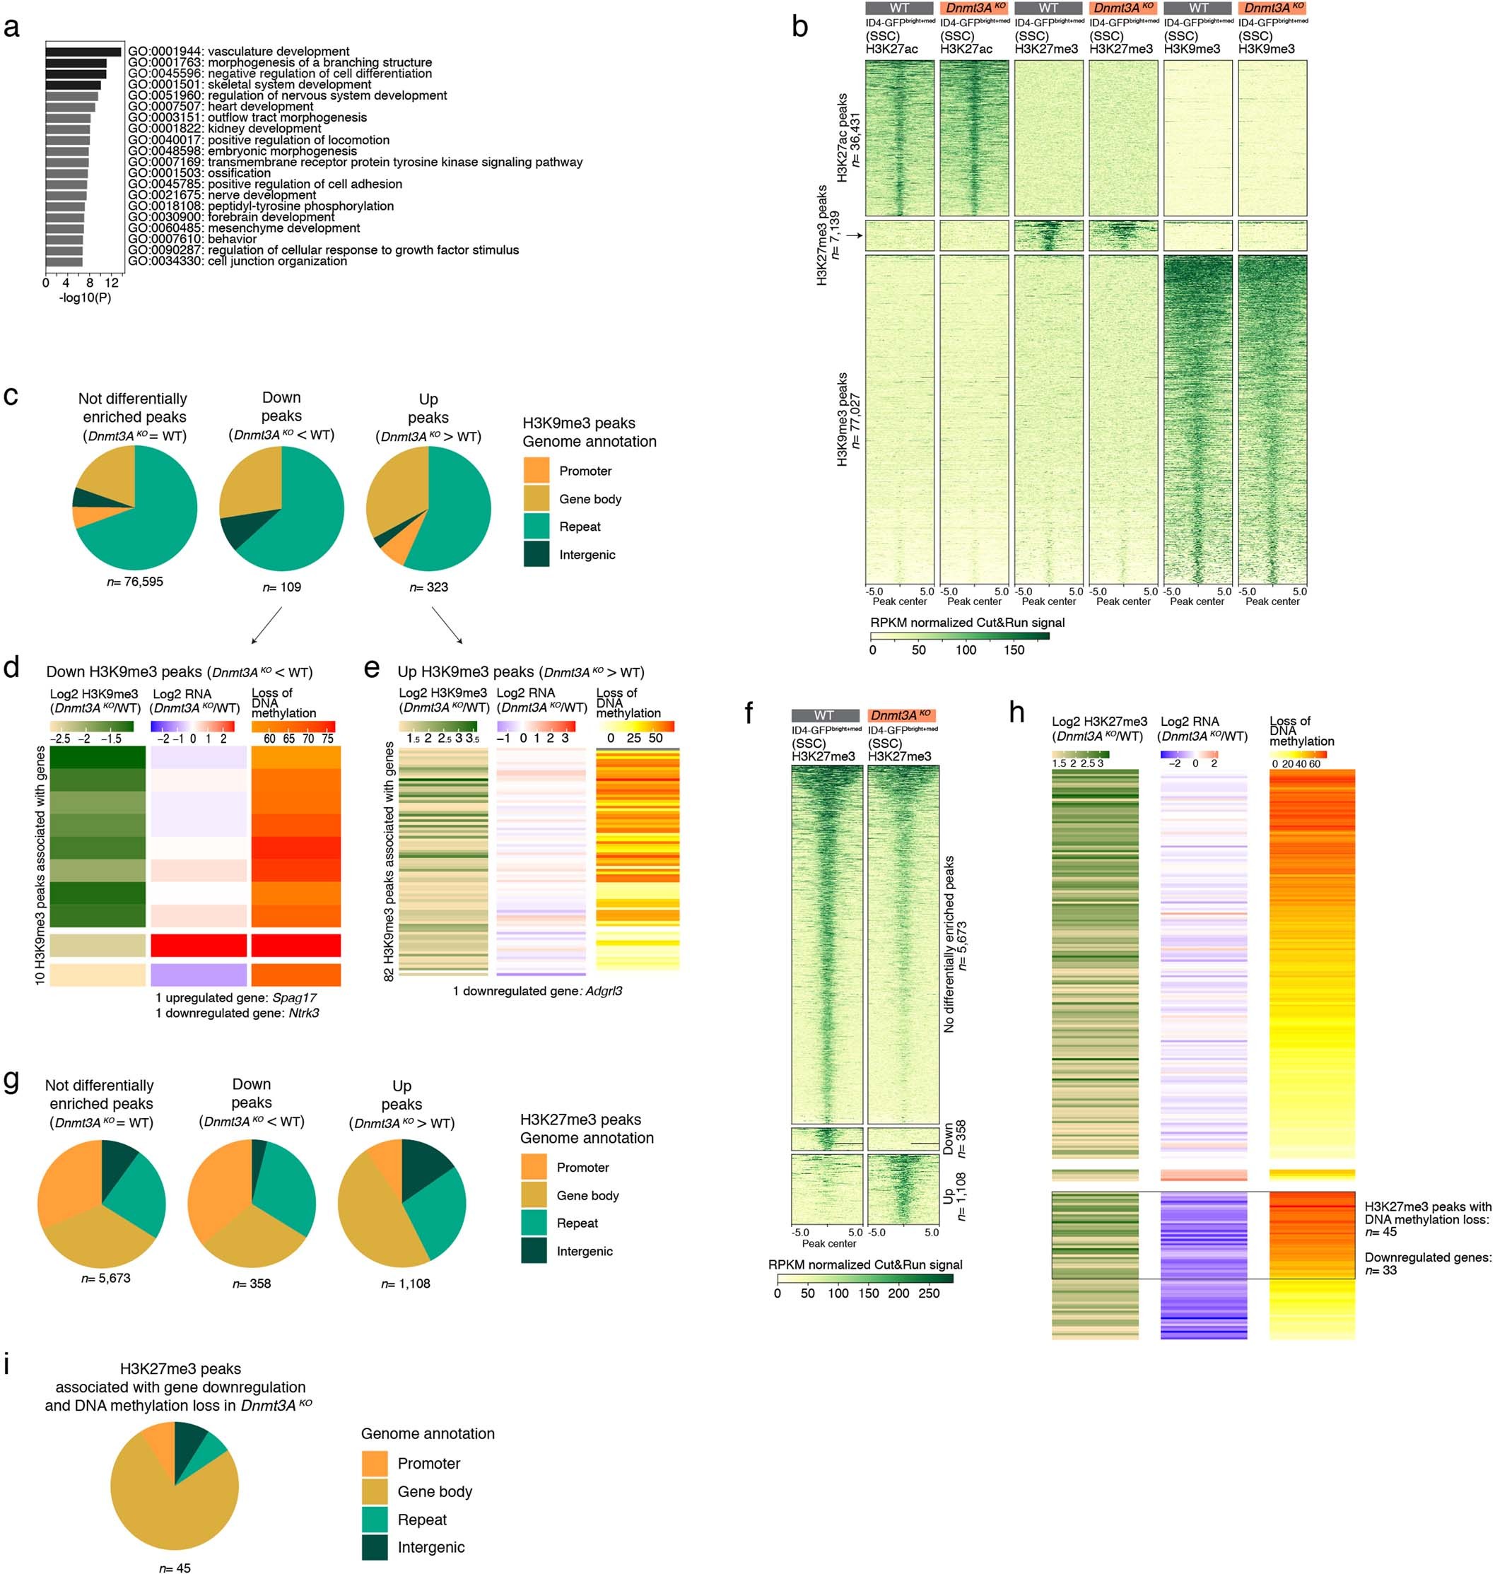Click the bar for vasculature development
[x=83, y=52]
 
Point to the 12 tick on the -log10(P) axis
[x=112, y=283]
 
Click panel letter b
[x=799, y=28]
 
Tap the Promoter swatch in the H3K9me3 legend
[x=537, y=471]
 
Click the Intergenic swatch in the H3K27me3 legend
[x=534, y=1250]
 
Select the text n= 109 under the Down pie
[x=281, y=587]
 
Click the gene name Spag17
[x=295, y=998]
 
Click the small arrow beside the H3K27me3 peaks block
[x=855, y=236]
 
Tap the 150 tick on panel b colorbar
[x=1014, y=650]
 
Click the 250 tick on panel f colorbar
[x=928, y=1293]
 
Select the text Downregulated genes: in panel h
[x=1427, y=1257]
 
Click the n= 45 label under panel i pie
[x=175, y=1568]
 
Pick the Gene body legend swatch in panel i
[x=375, y=1491]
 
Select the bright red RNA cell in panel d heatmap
[x=199, y=945]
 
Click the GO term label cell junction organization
[x=277, y=262]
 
